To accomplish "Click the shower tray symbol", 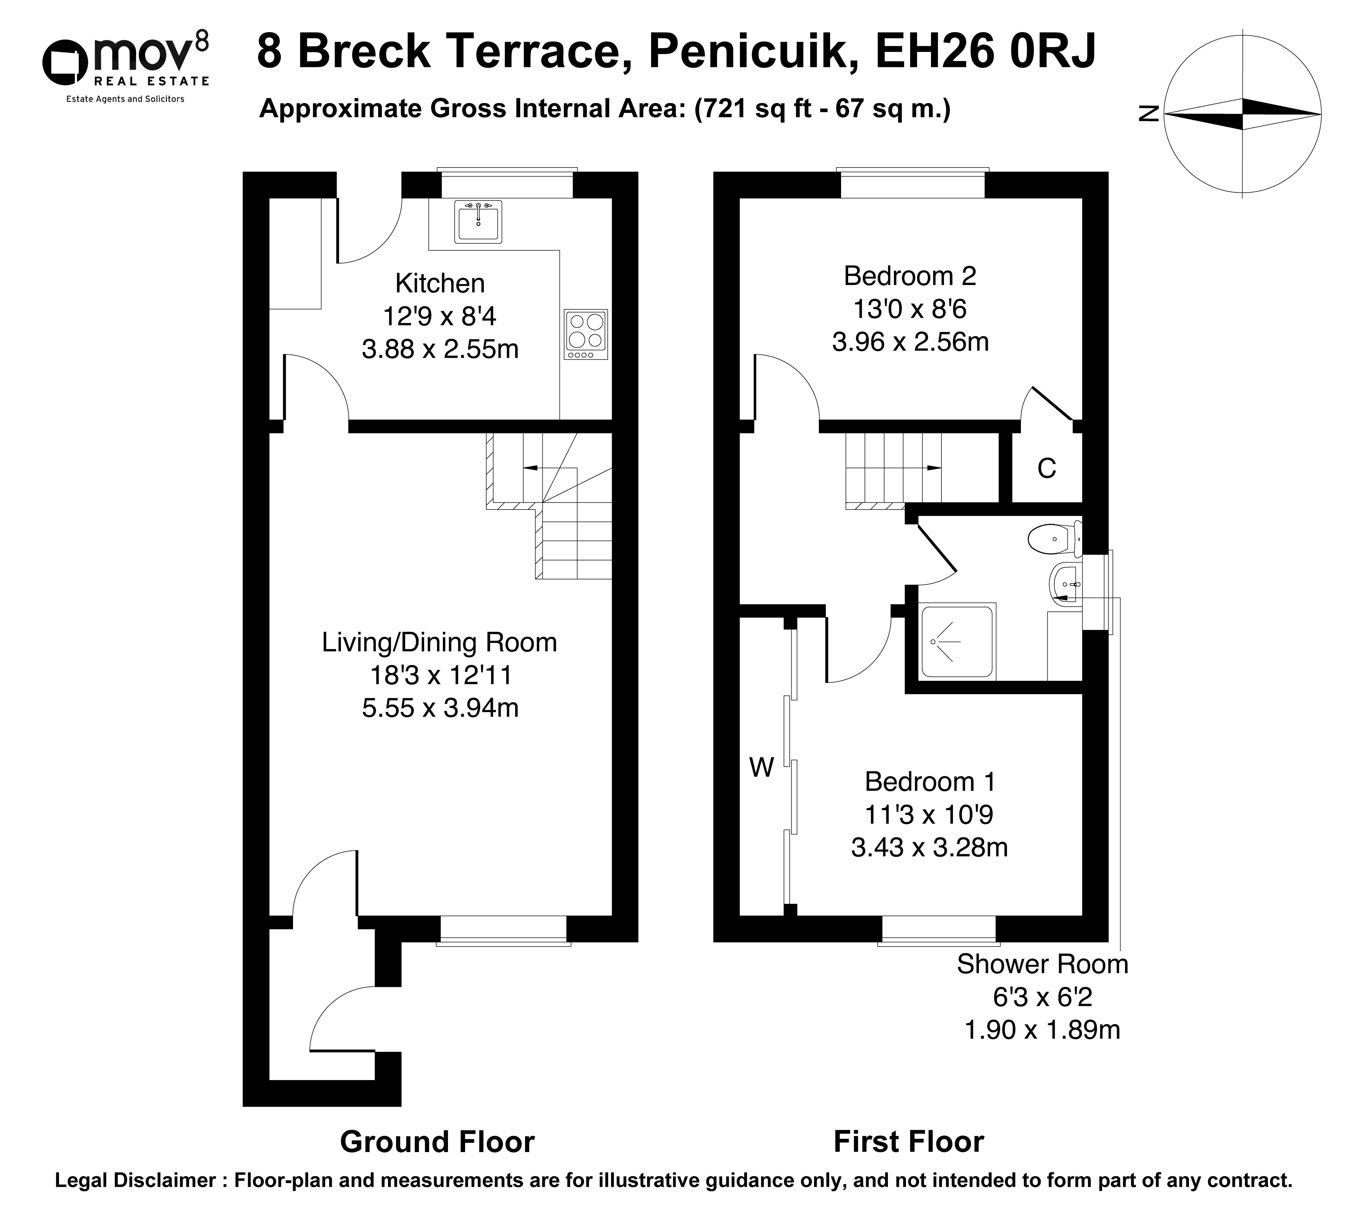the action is (957, 641).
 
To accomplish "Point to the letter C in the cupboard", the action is (1046, 469).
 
